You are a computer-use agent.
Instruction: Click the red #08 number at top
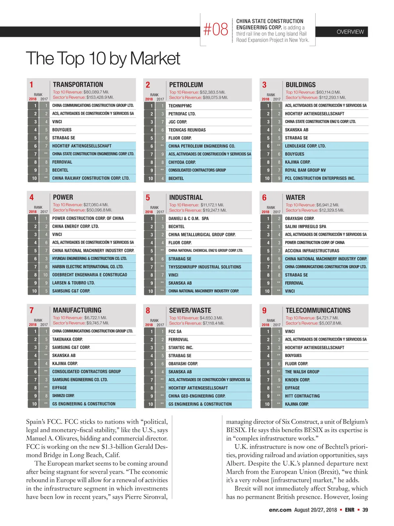pyautogui.click(x=215, y=30)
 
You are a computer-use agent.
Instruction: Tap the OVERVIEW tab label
pyautogui.click(x=350, y=32)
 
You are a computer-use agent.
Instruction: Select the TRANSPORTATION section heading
pyautogui.click(x=78, y=84)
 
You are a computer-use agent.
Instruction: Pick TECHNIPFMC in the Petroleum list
pyautogui.click(x=180, y=106)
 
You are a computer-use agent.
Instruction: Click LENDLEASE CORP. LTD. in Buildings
pyautogui.click(x=305, y=146)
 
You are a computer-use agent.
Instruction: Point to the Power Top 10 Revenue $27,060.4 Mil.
pyautogui.click(x=81, y=205)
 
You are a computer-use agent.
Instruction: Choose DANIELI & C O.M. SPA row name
pyautogui.click(x=188, y=219)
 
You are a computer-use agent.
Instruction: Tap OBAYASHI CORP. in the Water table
pyautogui.click(x=299, y=219)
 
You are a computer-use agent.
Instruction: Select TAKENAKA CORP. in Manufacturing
pyautogui.click(x=67, y=339)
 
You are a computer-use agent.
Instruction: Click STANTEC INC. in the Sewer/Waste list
pyautogui.click(x=181, y=347)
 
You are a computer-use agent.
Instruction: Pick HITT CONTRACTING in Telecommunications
pyautogui.click(x=302, y=396)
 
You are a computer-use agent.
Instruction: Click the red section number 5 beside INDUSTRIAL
pyautogui.click(x=148, y=198)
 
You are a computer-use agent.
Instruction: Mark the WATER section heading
pyautogui.click(x=295, y=198)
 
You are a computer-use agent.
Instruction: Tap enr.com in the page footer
pyautogui.click(x=280, y=510)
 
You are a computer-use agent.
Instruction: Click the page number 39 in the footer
pyautogui.click(x=365, y=510)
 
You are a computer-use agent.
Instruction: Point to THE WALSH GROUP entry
pyautogui.click(x=302, y=372)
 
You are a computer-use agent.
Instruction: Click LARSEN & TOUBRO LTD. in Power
pyautogui.click(x=73, y=283)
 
